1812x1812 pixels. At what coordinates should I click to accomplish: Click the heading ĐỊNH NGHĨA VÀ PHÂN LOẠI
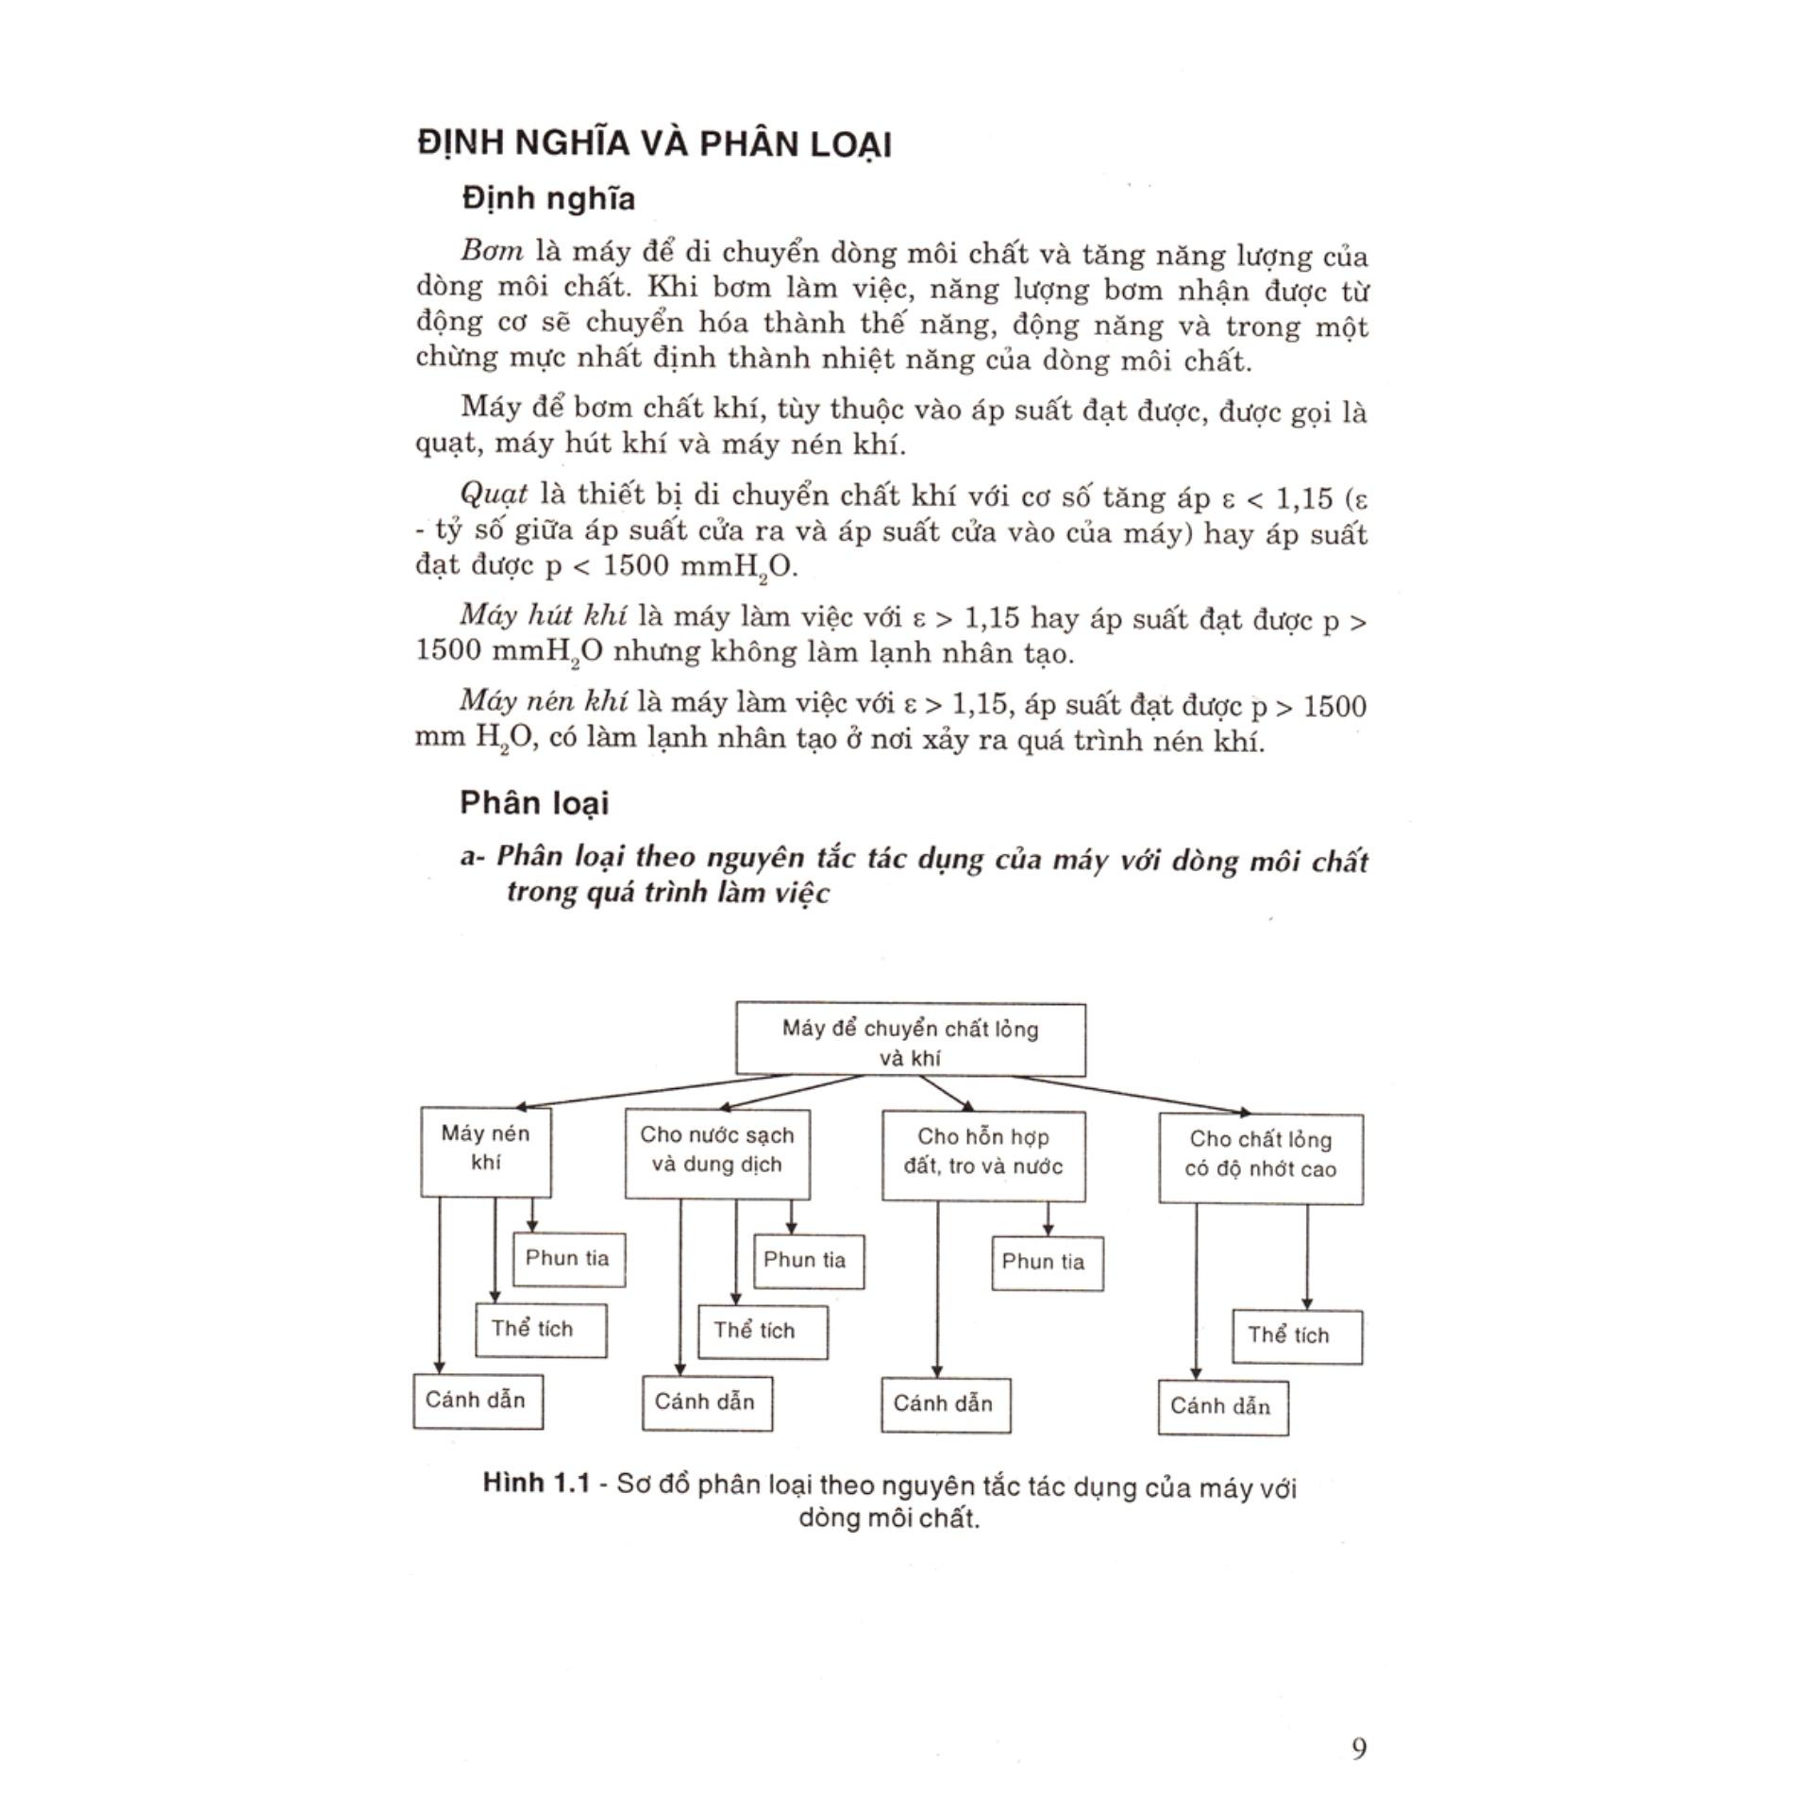(x=654, y=143)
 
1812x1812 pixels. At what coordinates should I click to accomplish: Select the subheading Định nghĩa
(x=548, y=198)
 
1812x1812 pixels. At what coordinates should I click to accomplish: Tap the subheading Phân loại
(x=534, y=803)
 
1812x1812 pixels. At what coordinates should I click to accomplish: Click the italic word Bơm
(x=492, y=253)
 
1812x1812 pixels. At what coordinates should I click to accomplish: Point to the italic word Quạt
(x=494, y=494)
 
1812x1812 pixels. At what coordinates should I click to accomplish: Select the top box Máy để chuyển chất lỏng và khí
(x=910, y=1040)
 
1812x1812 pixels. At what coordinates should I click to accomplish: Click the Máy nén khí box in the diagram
(x=485, y=1152)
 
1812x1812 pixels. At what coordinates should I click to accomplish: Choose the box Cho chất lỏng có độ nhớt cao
(x=1261, y=1158)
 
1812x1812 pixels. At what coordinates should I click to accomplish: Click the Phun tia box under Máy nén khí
(x=568, y=1259)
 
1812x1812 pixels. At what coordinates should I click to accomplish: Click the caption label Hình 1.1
(x=535, y=1484)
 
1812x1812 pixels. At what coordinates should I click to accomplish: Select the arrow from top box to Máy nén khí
(x=651, y=1091)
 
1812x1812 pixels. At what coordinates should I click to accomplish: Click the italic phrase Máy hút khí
(x=544, y=615)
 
